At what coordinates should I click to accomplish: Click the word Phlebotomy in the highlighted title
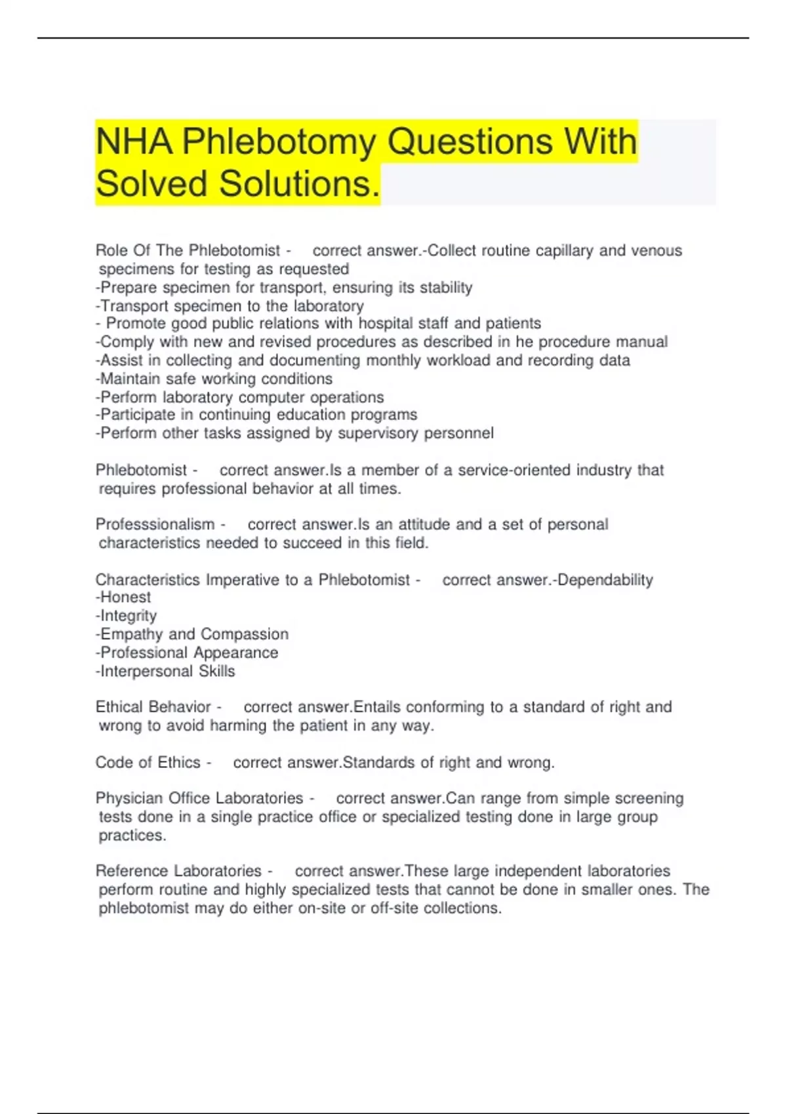pos(279,142)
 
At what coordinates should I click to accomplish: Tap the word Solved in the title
pos(151,183)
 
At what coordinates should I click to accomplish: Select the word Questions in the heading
pos(470,142)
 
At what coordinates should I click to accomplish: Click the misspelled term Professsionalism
pos(155,524)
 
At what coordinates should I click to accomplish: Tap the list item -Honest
pos(123,598)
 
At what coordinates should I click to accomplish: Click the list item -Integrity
pos(127,616)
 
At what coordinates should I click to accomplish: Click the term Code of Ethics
pos(148,762)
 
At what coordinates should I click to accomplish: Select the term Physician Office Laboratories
pos(199,798)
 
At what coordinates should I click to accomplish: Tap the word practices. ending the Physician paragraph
pos(132,835)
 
